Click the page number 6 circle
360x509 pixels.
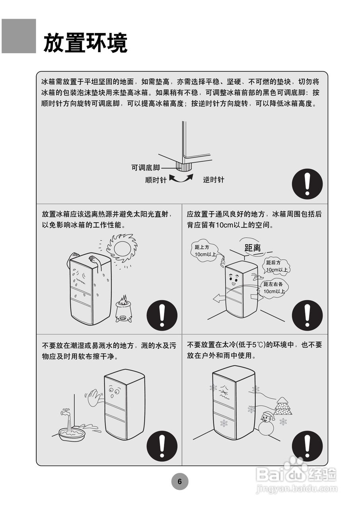click(x=179, y=482)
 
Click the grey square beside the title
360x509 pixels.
click(x=19, y=36)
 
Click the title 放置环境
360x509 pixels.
click(x=85, y=43)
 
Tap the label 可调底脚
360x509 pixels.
click(x=145, y=168)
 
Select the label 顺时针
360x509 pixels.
click(x=156, y=180)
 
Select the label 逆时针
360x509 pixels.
click(x=214, y=180)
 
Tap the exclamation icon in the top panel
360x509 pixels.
click(x=307, y=184)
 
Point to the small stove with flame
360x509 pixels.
click(x=123, y=308)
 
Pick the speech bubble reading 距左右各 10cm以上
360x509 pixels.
click(x=274, y=288)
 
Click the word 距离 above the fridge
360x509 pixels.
click(x=253, y=248)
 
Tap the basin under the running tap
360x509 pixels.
click(x=72, y=434)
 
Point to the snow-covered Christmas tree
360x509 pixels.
click(x=283, y=406)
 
